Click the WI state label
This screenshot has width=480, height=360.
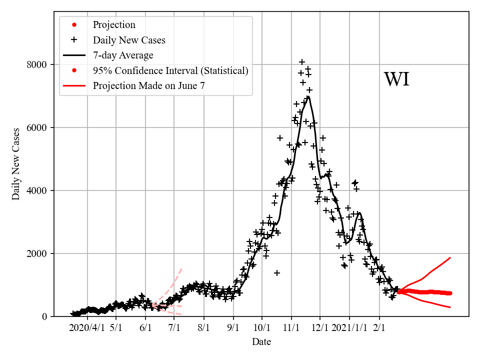[396, 79]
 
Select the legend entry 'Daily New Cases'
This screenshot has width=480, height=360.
[129, 40]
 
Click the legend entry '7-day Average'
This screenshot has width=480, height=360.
[123, 55]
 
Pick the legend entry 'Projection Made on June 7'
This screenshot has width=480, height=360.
[148, 86]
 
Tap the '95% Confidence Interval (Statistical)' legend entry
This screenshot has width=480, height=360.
[170, 70]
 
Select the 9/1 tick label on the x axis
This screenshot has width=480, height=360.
[233, 328]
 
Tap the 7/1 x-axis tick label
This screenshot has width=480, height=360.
[174, 328]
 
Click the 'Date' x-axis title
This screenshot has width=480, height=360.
[261, 342]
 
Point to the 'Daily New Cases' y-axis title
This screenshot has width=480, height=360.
[16, 164]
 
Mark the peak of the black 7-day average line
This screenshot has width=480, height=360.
[308, 96]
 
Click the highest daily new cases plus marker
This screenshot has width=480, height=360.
[302, 62]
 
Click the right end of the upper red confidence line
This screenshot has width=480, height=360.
[450, 258]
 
